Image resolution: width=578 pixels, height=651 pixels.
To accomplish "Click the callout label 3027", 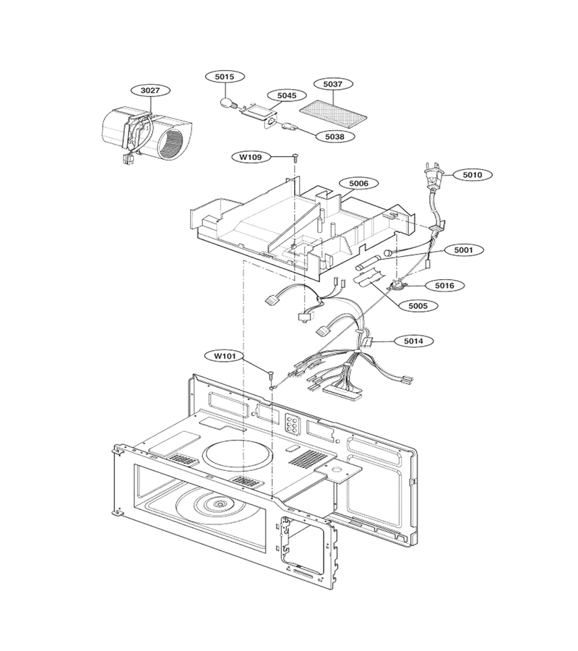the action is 150,90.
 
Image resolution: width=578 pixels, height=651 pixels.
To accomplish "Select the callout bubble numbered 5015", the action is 225,77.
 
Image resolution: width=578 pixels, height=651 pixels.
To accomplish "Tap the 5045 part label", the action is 287,95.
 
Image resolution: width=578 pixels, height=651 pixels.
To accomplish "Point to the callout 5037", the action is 333,85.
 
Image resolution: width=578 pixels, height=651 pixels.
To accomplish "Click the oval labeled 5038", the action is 335,136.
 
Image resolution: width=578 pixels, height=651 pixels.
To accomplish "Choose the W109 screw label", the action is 251,157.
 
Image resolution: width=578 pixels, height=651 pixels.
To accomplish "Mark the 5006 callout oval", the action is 358,183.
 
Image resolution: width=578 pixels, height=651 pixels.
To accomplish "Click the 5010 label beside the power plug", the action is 473,175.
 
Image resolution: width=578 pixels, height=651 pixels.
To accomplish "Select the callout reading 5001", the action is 464,250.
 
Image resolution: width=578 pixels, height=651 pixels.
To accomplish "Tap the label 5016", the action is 444,286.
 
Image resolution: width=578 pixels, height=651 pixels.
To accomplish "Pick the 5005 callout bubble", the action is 418,306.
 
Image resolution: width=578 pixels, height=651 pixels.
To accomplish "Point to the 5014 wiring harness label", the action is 414,341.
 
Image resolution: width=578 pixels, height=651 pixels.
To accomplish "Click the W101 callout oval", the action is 225,356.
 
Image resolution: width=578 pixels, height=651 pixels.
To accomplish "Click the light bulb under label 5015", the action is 226,103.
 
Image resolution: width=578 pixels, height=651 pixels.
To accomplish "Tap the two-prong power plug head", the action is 433,175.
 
